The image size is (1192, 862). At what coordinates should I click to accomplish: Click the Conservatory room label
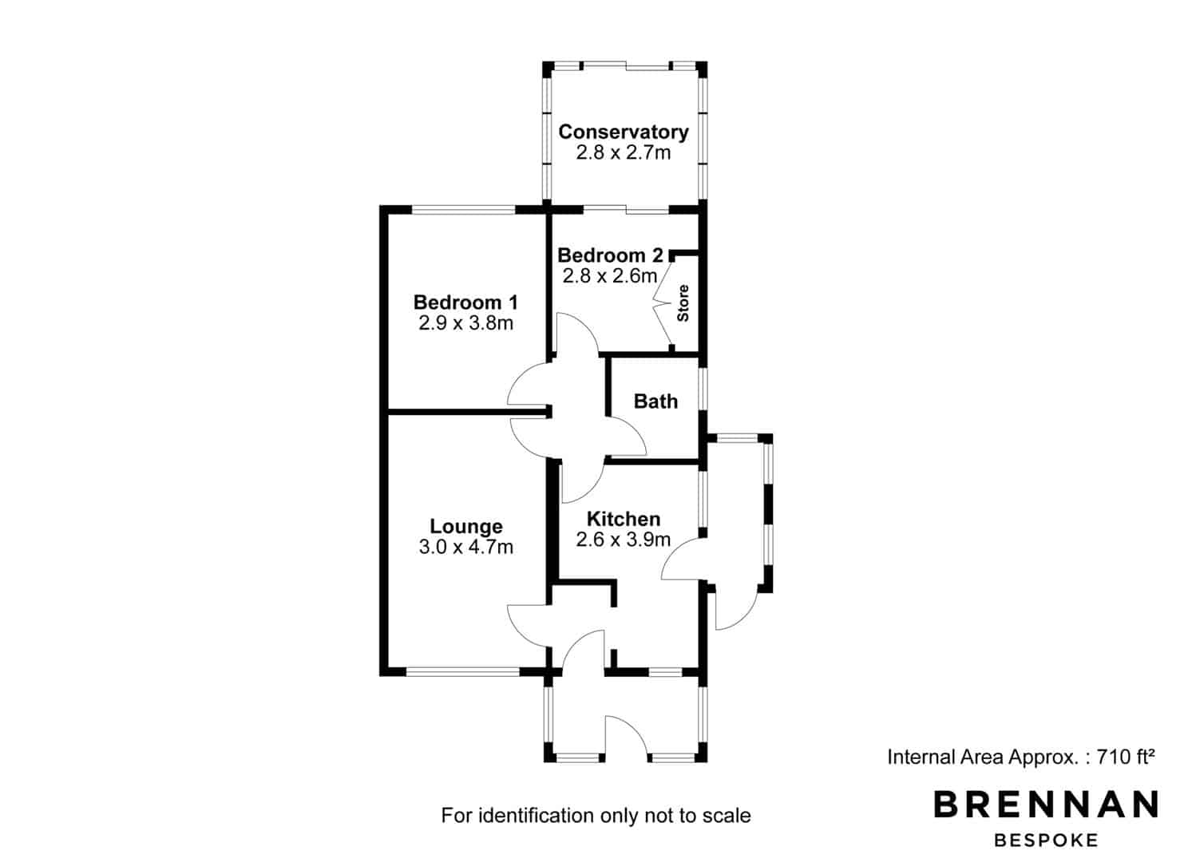coord(623,132)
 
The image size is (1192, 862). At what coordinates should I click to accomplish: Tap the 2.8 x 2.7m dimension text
coord(623,153)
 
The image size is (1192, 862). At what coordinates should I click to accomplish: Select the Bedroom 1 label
coord(465,302)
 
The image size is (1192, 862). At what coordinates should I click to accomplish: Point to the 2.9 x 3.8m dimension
coord(465,323)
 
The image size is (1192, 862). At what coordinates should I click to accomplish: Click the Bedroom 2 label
coord(610,255)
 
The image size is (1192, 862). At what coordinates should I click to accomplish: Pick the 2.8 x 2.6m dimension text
coord(610,276)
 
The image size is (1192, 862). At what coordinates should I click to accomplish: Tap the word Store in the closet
coord(683,302)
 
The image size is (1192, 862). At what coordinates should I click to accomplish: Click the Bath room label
coord(655,401)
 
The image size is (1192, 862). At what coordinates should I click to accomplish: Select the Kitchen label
coord(623,519)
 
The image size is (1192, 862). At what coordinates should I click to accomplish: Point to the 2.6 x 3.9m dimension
coord(623,540)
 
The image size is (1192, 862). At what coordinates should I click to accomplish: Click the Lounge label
coord(466,526)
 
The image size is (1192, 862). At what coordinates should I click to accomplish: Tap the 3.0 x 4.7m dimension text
coord(465,547)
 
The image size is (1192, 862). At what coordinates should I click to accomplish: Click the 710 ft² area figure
coord(1125,757)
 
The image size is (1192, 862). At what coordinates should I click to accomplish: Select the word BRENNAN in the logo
coord(1046,804)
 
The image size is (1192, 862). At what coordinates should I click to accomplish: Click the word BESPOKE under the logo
coord(1046,840)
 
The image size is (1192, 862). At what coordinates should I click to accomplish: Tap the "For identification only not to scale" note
coord(596,815)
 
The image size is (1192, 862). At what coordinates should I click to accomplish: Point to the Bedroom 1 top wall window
coord(463,210)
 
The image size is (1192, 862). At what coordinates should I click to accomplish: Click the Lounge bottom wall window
coord(463,672)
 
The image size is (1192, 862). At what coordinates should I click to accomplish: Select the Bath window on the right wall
coord(703,389)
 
